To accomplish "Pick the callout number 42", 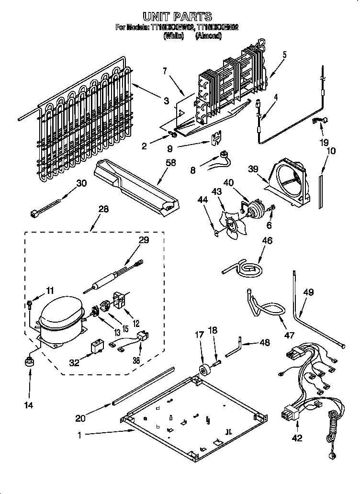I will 297,438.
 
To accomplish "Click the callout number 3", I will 166,101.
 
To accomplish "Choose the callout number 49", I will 309,292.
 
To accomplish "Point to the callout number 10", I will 331,151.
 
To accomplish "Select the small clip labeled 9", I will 216,137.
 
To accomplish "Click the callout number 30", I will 82,183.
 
